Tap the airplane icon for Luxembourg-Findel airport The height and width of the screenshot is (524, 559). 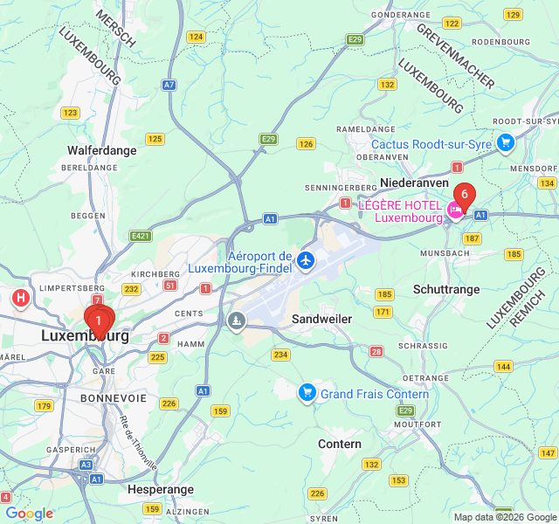pyautogui.click(x=305, y=259)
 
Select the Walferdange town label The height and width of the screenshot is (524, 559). pyautogui.click(x=102, y=150)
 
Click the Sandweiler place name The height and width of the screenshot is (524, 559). pyautogui.click(x=321, y=319)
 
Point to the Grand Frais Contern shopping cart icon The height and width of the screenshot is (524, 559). pyautogui.click(x=307, y=393)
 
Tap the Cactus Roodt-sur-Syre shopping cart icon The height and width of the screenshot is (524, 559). pyautogui.click(x=505, y=142)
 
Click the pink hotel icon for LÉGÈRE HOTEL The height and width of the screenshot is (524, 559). pyautogui.click(x=454, y=210)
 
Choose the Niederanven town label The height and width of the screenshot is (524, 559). pyautogui.click(x=414, y=183)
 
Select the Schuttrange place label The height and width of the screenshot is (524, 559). pyautogui.click(x=446, y=288)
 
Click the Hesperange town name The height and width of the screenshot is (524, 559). pyautogui.click(x=160, y=490)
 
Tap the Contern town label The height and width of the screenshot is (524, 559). pyautogui.click(x=340, y=444)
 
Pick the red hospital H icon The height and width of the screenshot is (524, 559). pyautogui.click(x=21, y=300)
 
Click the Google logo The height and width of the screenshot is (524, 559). pyautogui.click(x=29, y=514)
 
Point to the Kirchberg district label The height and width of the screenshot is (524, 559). pyautogui.click(x=155, y=274)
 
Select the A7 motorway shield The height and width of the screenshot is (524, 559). pyautogui.click(x=169, y=85)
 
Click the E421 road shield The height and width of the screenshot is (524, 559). pyautogui.click(x=140, y=236)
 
